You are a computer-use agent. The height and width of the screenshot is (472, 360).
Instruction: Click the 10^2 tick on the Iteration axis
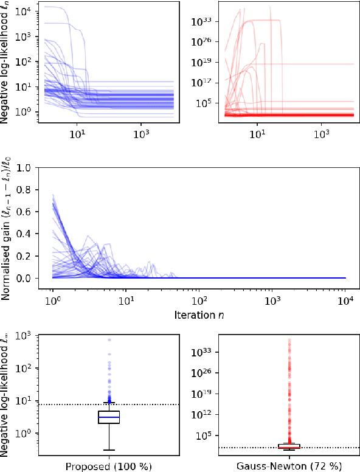[199, 301]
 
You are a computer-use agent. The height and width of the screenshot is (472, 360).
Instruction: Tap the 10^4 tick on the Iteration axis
[346, 301]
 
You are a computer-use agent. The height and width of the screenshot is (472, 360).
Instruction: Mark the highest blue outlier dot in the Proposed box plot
[109, 340]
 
